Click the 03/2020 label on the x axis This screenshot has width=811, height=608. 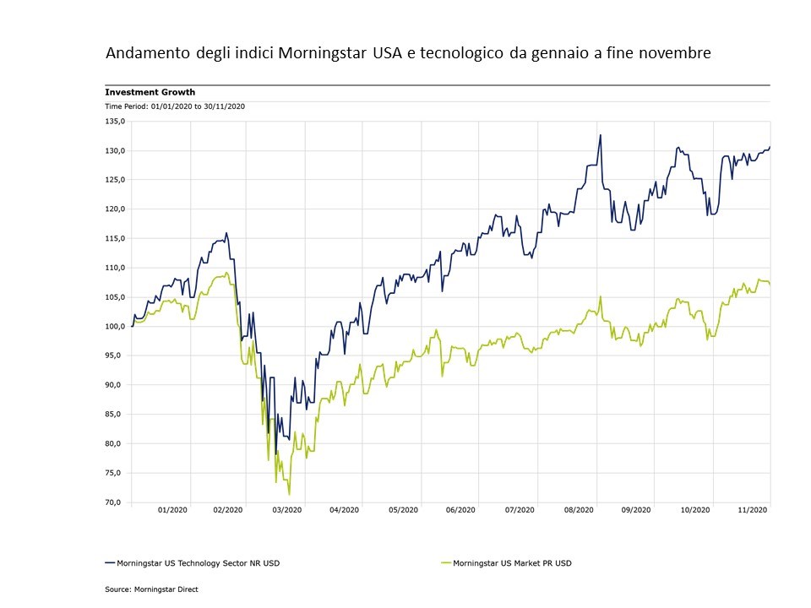coord(286,510)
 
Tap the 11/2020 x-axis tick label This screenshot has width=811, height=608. coord(753,510)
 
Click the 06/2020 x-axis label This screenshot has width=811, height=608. coord(461,510)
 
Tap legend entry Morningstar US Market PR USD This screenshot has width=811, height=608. coord(512,562)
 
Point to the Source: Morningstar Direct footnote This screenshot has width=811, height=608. coord(151,589)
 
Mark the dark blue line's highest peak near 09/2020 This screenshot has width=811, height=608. coord(600,135)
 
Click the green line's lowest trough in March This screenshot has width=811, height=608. coord(289,494)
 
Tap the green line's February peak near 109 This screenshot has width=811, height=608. coord(226,273)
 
